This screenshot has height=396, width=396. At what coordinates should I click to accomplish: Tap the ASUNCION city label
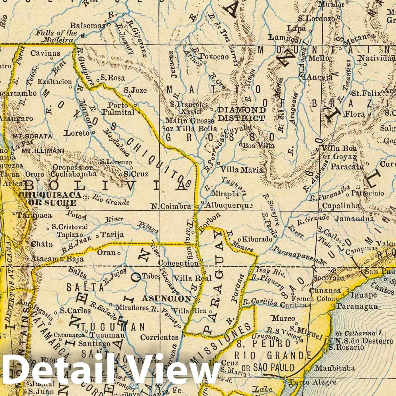pos(166,299)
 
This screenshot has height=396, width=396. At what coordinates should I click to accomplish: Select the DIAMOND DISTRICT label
pos(242,114)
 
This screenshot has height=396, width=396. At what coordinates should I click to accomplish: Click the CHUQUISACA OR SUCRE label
pos(50,199)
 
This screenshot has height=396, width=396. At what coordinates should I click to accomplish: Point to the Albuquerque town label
pos(229,205)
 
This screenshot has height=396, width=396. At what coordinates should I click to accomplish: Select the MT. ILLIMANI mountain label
pos(39,151)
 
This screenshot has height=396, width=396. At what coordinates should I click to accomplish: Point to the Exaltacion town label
pos(55,82)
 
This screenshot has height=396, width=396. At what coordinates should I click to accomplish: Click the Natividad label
pos(377,58)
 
